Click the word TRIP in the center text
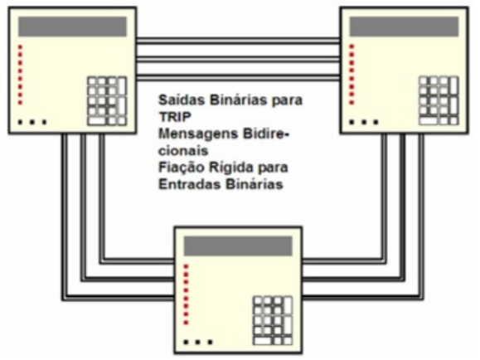coord(175,117)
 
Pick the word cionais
coord(183,151)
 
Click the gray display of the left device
coord(73,27)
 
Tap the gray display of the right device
coord(404,27)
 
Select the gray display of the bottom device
coord(238,246)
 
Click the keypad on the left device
coord(107,101)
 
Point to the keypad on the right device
coord(439,101)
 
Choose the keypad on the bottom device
coord(273,321)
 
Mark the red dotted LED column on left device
coord(20,75)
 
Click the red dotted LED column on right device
coord(352,75)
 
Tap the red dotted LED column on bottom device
coord(186,294)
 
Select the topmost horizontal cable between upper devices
coord(238,41)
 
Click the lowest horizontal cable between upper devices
coord(238,77)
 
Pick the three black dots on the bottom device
coord(198,342)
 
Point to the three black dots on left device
coord(32,122)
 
